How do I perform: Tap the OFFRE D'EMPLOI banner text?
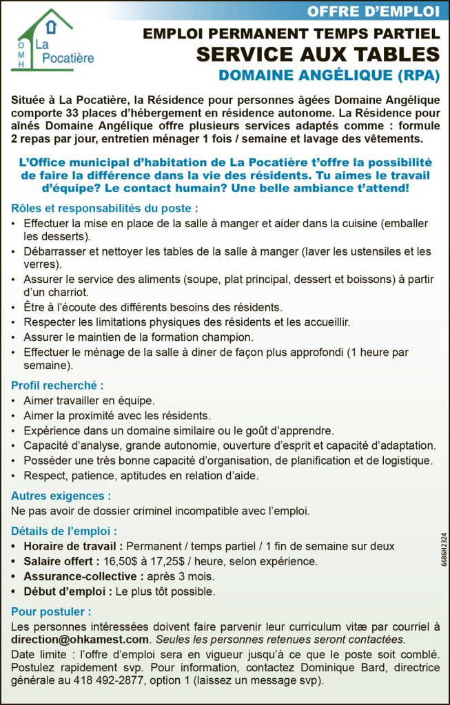373,11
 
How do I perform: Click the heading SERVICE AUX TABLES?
317,54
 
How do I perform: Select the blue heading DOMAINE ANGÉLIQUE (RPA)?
329,76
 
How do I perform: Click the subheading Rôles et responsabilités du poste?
105,208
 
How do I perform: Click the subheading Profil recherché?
57,386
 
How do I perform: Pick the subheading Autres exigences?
61,496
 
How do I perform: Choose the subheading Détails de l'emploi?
63,531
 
